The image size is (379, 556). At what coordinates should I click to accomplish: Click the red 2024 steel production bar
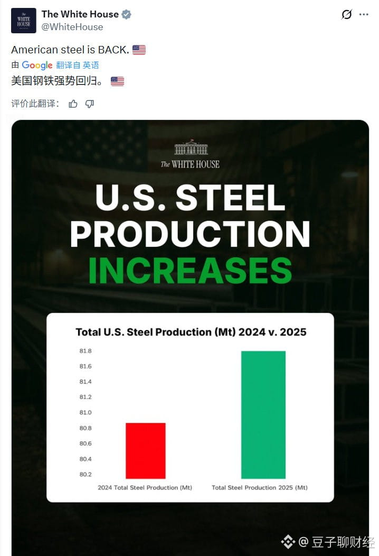(x=145, y=450)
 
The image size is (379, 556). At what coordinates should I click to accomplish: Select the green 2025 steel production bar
(x=263, y=414)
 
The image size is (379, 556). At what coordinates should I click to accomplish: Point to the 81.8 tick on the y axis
(x=86, y=351)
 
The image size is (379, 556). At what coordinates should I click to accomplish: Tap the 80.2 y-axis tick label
(x=86, y=474)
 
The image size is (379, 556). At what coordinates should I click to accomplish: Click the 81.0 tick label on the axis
(x=86, y=412)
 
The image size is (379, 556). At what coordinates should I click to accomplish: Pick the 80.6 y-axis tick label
(x=86, y=443)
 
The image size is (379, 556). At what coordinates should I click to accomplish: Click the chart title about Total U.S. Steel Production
(x=191, y=332)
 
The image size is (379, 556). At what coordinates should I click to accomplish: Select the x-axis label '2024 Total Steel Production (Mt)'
(x=145, y=487)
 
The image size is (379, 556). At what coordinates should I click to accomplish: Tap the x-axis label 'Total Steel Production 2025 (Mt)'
(x=259, y=487)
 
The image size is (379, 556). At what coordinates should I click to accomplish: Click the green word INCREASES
(x=190, y=271)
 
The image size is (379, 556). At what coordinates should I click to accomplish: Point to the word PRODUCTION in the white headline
(x=190, y=234)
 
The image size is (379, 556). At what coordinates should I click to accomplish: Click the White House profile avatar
(x=24, y=21)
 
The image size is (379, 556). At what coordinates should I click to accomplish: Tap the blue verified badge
(x=126, y=15)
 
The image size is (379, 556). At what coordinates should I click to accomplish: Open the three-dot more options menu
(x=364, y=15)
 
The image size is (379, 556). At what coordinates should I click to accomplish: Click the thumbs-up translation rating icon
(x=73, y=104)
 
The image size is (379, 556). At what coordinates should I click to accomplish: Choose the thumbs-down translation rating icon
(x=90, y=104)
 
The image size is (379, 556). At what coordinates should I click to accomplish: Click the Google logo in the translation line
(x=37, y=65)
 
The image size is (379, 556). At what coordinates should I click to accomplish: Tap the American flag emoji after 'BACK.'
(x=139, y=50)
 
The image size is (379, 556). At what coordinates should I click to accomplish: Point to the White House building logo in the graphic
(x=191, y=147)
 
